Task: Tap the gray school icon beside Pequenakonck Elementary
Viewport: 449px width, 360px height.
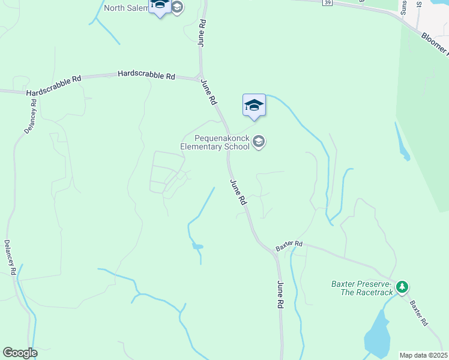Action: pos(259,142)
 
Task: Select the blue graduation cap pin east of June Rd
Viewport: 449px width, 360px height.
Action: pos(254,106)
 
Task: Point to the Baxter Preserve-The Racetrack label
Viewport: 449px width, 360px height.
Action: pos(362,288)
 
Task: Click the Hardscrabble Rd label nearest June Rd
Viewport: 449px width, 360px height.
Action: pos(146,75)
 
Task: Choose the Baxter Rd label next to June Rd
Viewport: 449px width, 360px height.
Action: pos(289,245)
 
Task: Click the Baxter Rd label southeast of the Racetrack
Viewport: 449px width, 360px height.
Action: pos(418,313)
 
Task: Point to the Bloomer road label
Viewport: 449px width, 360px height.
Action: pos(434,44)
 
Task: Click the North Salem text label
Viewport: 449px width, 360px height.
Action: pos(125,8)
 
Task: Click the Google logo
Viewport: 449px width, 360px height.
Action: pos(20,353)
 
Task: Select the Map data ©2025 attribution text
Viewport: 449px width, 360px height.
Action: pos(423,355)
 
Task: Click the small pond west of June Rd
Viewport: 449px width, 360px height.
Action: pos(197,246)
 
